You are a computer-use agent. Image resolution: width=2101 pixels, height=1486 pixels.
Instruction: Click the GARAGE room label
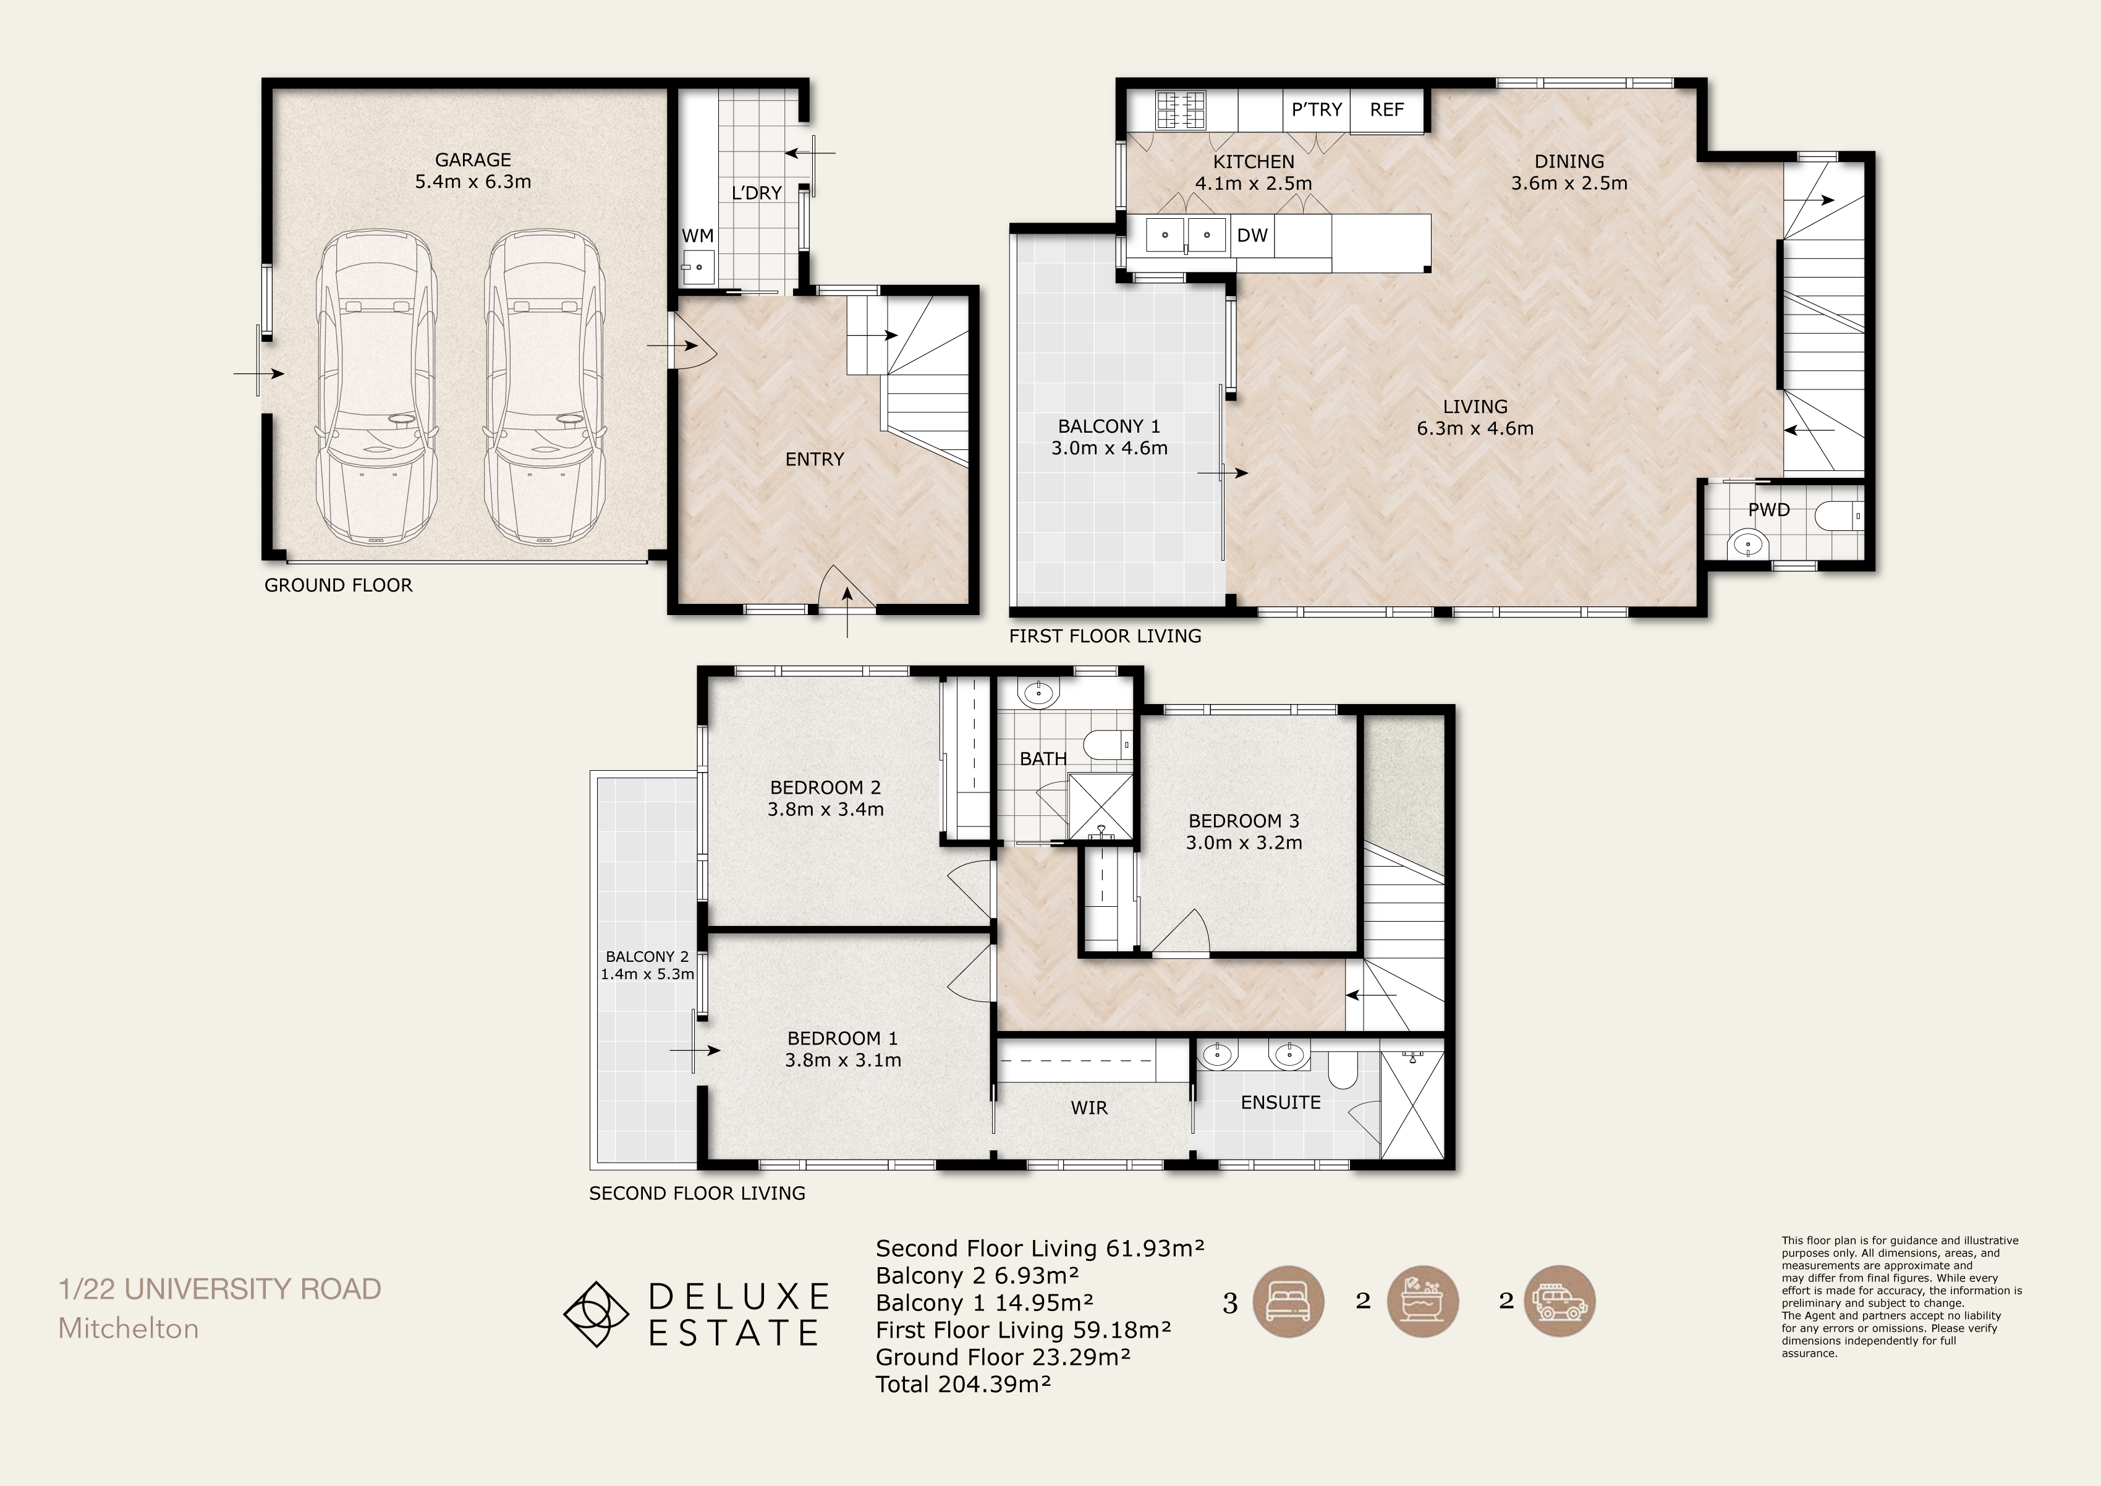pyautogui.click(x=473, y=160)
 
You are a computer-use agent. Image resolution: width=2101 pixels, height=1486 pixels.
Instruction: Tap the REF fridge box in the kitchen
pyautogui.click(x=1387, y=111)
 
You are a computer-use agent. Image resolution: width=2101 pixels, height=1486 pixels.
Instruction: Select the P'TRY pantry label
pyautogui.click(x=1317, y=110)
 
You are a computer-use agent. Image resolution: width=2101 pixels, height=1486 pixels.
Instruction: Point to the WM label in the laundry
pyautogui.click(x=697, y=236)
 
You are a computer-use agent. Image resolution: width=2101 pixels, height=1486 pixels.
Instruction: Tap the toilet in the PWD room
pyautogui.click(x=1840, y=516)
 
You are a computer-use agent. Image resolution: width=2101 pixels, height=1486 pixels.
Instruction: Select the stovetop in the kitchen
pyautogui.click(x=1181, y=110)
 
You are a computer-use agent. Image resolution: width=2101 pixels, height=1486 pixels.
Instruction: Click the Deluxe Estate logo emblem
pyautogui.click(x=596, y=1314)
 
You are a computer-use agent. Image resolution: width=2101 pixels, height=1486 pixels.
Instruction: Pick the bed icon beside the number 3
pyautogui.click(x=1288, y=1301)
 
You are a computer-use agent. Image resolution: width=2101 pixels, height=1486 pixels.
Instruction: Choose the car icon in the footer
pyautogui.click(x=1560, y=1301)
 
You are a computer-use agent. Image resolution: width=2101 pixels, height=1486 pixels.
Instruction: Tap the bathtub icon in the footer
pyautogui.click(x=1423, y=1301)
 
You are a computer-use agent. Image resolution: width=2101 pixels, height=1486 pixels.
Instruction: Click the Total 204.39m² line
pyautogui.click(x=962, y=1385)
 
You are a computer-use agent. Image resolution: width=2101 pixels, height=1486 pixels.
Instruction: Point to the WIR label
pyautogui.click(x=1089, y=1108)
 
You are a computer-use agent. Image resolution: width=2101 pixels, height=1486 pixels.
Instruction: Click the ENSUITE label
pyautogui.click(x=1280, y=1103)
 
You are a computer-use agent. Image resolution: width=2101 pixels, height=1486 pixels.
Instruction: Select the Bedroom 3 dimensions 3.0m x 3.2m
pyautogui.click(x=1244, y=843)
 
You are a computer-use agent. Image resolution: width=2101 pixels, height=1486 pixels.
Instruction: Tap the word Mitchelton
pyautogui.click(x=128, y=1328)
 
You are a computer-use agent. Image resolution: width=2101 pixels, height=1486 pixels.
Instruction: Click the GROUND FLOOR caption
pyautogui.click(x=339, y=585)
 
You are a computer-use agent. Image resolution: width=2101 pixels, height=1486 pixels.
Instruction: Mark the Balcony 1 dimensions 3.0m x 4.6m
pyautogui.click(x=1109, y=448)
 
